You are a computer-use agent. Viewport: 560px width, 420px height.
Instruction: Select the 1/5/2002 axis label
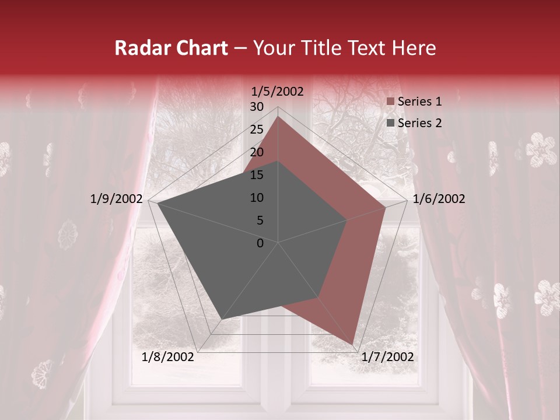pyautogui.click(x=278, y=92)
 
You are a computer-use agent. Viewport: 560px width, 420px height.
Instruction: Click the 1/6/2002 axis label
pyautogui.click(x=439, y=199)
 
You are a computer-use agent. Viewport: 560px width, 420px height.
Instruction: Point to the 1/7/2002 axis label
pyautogui.click(x=387, y=357)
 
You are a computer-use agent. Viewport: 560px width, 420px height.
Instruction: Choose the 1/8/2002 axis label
pyautogui.click(x=168, y=357)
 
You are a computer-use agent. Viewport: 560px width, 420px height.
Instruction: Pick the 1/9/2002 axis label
pyautogui.click(x=117, y=199)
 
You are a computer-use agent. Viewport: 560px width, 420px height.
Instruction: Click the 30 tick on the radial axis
pyautogui.click(x=257, y=107)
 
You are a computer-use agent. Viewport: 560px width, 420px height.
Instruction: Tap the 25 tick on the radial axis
pyautogui.click(x=257, y=129)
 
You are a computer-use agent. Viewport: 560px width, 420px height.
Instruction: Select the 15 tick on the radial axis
pyautogui.click(x=257, y=175)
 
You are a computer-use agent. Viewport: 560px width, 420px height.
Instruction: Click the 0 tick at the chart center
pyautogui.click(x=260, y=243)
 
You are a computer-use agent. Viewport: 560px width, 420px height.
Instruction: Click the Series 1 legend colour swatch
pyautogui.click(x=391, y=102)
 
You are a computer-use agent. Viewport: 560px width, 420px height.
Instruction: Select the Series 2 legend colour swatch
pyautogui.click(x=391, y=123)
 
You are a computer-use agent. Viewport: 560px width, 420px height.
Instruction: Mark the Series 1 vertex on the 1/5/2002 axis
pyautogui.click(x=278, y=116)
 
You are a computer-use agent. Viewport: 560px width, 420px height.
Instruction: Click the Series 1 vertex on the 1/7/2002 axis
pyautogui.click(x=352, y=344)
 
